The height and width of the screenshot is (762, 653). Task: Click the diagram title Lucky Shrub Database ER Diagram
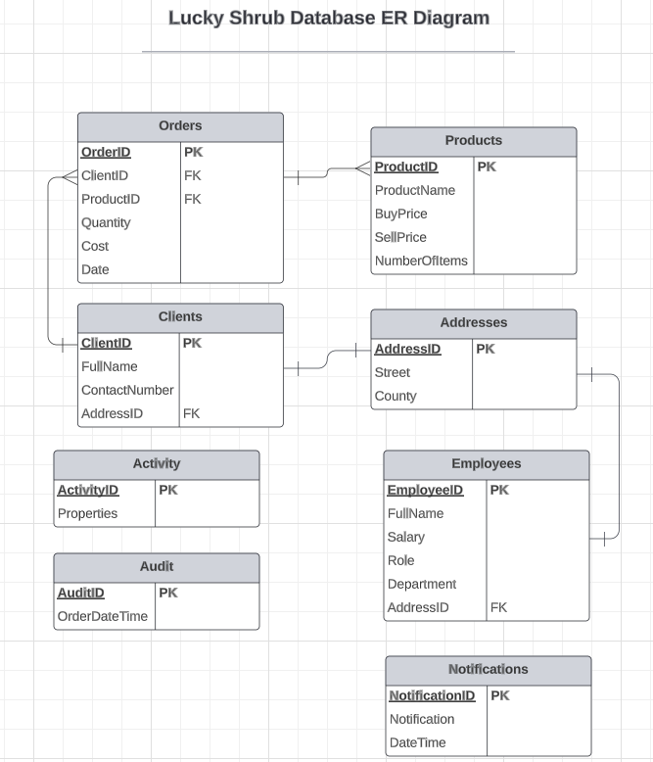tap(328, 18)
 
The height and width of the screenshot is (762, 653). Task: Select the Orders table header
tap(180, 126)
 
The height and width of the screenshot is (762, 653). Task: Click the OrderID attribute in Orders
tap(106, 152)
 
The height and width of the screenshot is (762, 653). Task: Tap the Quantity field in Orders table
tap(106, 222)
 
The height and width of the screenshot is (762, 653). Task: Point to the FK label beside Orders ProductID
tap(192, 199)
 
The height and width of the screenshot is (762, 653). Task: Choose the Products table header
tap(473, 141)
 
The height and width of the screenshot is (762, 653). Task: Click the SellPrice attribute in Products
tap(400, 237)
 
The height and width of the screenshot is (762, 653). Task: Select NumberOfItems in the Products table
tap(421, 261)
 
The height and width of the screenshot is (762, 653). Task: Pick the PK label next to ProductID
tap(487, 167)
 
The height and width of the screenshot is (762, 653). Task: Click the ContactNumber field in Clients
tap(127, 390)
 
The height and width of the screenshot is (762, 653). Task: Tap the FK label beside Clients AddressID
tap(191, 413)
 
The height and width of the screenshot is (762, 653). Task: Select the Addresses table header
tap(473, 323)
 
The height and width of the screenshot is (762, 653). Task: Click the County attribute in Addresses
tap(396, 396)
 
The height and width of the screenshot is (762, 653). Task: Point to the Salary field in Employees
tap(405, 537)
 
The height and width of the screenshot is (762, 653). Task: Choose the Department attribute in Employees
tap(421, 584)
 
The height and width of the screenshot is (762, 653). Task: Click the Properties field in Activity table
tap(87, 513)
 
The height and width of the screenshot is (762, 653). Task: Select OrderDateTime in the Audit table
tap(103, 616)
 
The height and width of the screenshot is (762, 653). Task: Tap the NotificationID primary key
tap(432, 695)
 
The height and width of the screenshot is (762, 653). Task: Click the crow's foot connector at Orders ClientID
tap(69, 176)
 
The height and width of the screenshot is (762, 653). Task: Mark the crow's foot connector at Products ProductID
tap(361, 168)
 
